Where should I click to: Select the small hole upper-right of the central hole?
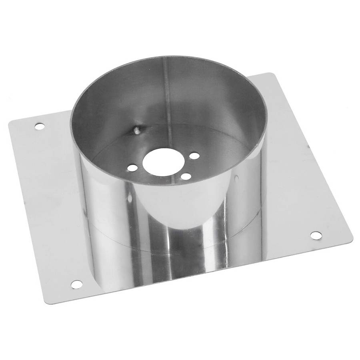[x=194, y=156]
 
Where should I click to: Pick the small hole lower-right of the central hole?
[x=185, y=176]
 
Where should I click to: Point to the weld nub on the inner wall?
[x=136, y=129]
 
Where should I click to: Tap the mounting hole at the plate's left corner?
[x=39, y=126]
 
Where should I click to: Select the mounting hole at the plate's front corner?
[x=76, y=284]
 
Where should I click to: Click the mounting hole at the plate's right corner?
[x=316, y=235]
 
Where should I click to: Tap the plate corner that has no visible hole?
[x=272, y=74]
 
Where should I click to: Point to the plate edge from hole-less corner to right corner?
[x=312, y=156]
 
